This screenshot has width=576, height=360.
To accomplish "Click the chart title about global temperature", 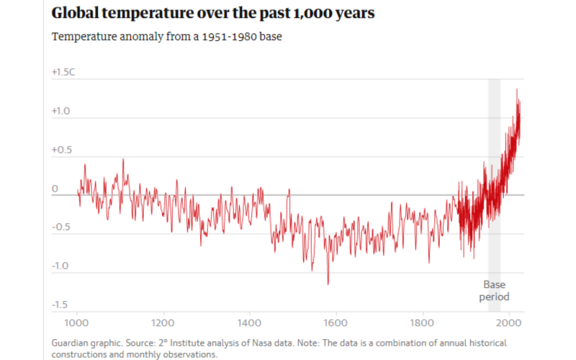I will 213,14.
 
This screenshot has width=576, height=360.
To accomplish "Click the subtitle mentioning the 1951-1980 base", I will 166,37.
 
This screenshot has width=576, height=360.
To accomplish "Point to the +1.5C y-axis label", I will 63,72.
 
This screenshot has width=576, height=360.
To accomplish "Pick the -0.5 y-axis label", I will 60,227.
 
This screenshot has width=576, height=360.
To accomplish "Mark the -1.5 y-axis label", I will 60,305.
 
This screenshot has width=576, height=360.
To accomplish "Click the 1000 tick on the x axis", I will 77,323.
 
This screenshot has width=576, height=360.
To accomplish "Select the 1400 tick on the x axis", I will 250,323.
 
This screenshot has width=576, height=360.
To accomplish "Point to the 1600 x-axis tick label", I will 336,323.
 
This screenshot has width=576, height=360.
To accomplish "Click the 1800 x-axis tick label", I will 423,323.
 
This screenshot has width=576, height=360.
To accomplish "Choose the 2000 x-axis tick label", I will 509,323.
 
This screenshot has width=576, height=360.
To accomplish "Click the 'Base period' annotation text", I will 495,291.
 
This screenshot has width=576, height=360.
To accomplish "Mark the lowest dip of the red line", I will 328,284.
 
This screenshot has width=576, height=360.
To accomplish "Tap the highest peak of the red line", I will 516,89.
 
